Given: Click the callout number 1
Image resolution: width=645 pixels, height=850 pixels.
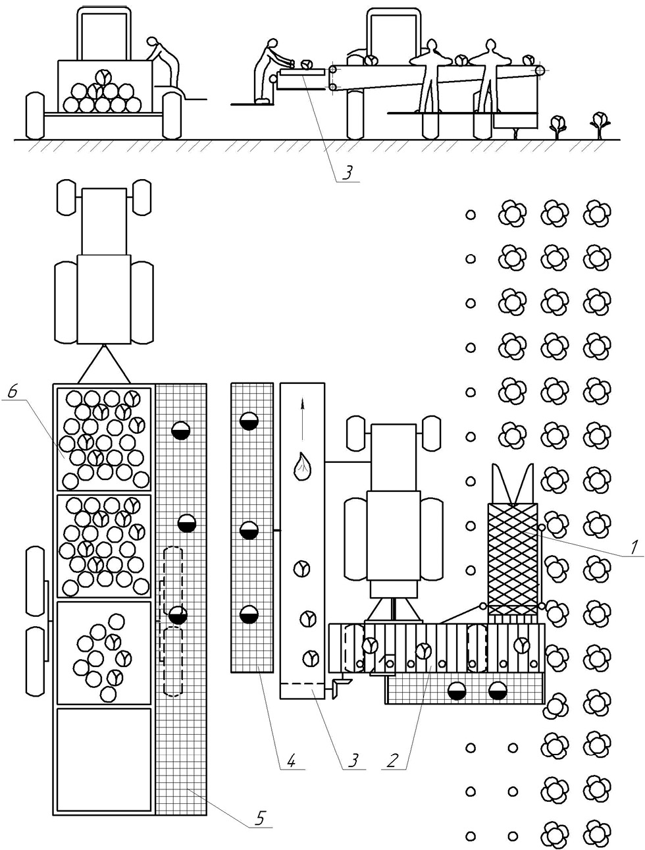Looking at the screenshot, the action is (x=633, y=547).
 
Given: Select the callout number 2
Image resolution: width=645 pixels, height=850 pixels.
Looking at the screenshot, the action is (x=392, y=760).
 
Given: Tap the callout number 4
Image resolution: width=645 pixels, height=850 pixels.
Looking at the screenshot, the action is (x=292, y=760).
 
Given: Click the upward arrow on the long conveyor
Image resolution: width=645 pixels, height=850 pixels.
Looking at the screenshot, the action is (x=303, y=421).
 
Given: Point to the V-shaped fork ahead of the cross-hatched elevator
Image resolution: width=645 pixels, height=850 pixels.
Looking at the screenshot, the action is (x=513, y=484).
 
